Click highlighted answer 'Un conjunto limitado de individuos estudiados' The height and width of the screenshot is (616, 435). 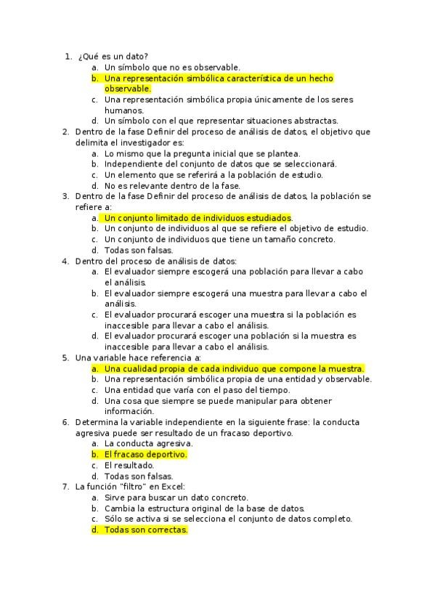tap(198, 218)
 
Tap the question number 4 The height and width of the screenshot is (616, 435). tap(65, 261)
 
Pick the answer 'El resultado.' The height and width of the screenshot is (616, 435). tap(129, 465)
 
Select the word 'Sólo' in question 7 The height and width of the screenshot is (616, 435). tap(114, 519)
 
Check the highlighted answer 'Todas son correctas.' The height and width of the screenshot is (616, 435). tap(145, 530)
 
